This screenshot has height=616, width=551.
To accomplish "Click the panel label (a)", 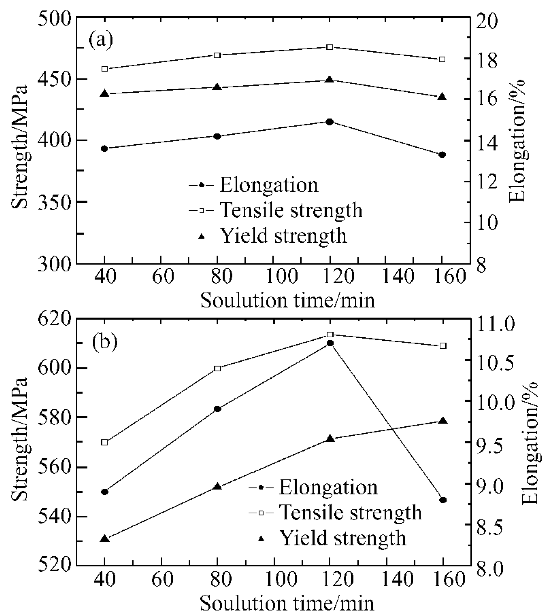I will [101, 40].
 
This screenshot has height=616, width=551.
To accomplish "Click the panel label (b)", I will [105, 342].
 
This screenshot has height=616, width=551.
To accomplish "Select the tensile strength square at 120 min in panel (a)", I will [330, 47].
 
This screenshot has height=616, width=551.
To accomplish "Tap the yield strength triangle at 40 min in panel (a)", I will [105, 94].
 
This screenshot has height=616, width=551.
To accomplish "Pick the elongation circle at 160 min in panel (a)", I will [442, 155].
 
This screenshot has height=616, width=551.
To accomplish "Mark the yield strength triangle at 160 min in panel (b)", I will [443, 421].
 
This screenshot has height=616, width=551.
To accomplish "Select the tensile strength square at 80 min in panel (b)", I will [217, 369].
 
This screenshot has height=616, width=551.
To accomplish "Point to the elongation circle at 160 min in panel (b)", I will [443, 500].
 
